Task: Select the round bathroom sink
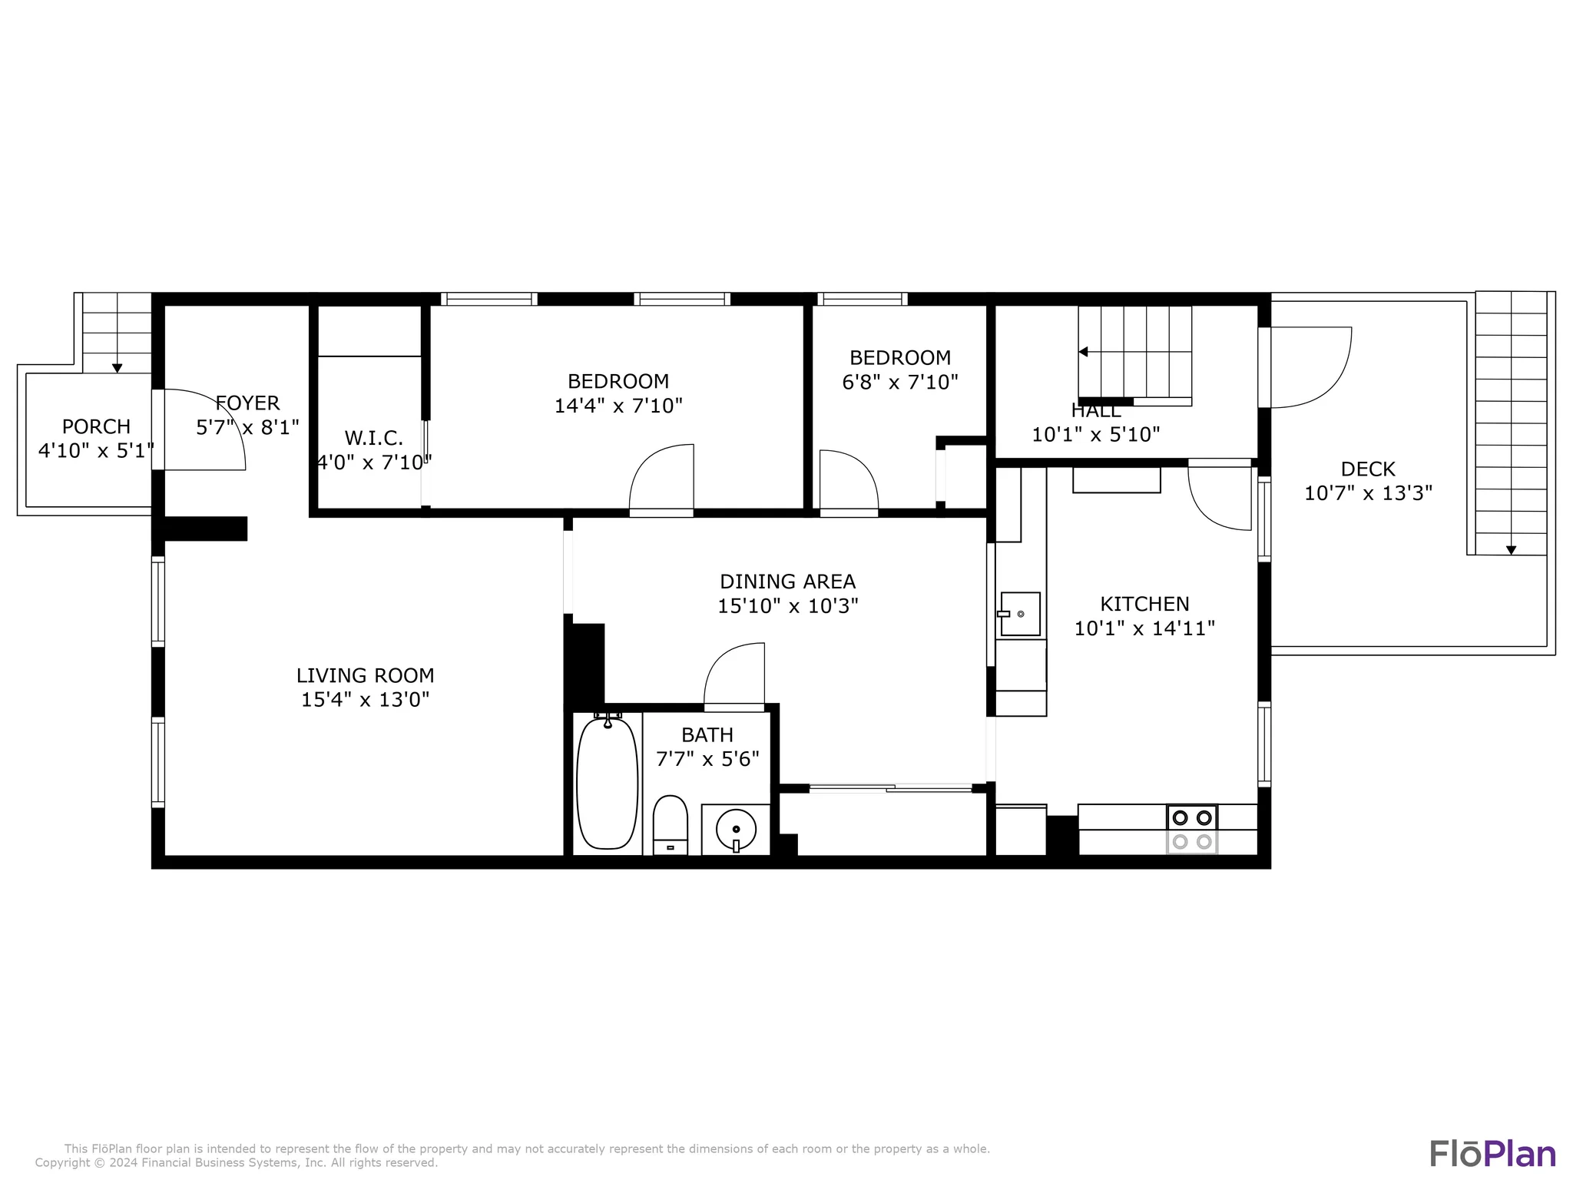pos(736,830)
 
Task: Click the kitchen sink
pos(1020,614)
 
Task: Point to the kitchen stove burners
pos(1191,829)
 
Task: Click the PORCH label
pos(96,426)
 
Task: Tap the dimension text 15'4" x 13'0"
pos(365,700)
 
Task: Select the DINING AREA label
pos(787,582)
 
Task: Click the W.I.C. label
pos(373,438)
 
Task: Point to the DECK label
pos(1368,469)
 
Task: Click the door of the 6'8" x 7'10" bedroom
pos(848,479)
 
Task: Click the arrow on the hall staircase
pos(1083,352)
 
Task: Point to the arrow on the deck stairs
pos(1511,550)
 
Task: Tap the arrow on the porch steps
pos(117,368)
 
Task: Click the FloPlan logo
pos(1492,1154)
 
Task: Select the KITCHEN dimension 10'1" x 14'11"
pos(1144,628)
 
